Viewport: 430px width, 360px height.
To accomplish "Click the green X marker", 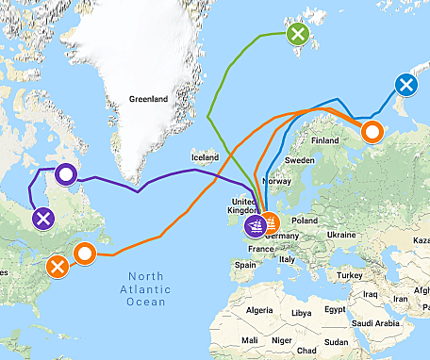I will click(298, 35).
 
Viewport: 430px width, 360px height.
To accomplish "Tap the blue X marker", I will click(405, 86).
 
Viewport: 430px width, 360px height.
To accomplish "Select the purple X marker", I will click(42, 220).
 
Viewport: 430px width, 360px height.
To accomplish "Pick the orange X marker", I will click(58, 266).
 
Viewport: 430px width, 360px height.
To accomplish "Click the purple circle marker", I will click(65, 174).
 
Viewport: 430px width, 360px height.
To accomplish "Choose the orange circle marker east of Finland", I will click(372, 131).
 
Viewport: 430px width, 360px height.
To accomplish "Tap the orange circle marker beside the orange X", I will click(85, 253).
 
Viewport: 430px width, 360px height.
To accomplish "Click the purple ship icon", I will click(256, 226).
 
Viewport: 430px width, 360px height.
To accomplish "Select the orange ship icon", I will click(271, 224).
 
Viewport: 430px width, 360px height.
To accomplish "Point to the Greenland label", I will click(148, 99).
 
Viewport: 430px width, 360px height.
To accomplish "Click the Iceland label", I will click(205, 157).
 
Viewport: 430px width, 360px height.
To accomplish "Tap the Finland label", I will click(324, 141).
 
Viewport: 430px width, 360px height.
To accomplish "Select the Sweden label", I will click(300, 161).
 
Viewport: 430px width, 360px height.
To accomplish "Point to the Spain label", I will click(246, 266).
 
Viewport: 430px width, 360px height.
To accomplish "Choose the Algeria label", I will click(258, 310).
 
